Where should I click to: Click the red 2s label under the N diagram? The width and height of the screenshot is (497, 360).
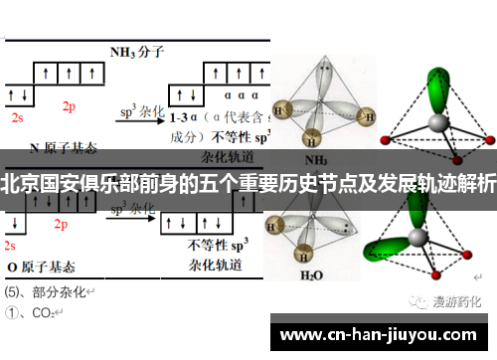point(17,116)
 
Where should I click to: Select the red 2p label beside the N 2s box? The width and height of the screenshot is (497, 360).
point(69,104)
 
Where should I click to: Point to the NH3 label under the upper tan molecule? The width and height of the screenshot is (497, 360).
point(316,158)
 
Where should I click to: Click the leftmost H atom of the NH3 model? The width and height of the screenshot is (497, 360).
point(282,109)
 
